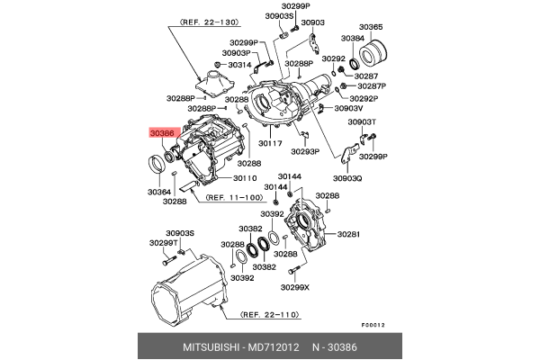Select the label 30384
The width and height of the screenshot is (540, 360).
pyautogui.click(x=353, y=39)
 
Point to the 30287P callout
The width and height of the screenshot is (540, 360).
pyautogui.click(x=370, y=86)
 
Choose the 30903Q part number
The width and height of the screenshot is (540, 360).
pyautogui.click(x=347, y=178)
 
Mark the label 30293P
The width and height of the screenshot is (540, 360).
pyautogui.click(x=305, y=153)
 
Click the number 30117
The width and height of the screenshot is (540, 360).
pyautogui.click(x=272, y=143)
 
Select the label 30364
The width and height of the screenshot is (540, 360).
pyautogui.click(x=158, y=192)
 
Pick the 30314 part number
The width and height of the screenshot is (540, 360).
pyautogui.click(x=239, y=66)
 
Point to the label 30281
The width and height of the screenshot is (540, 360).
pyautogui.click(x=348, y=234)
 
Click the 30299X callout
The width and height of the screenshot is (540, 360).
pyautogui.click(x=294, y=287)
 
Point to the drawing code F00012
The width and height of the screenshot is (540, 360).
pyautogui.click(x=373, y=325)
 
